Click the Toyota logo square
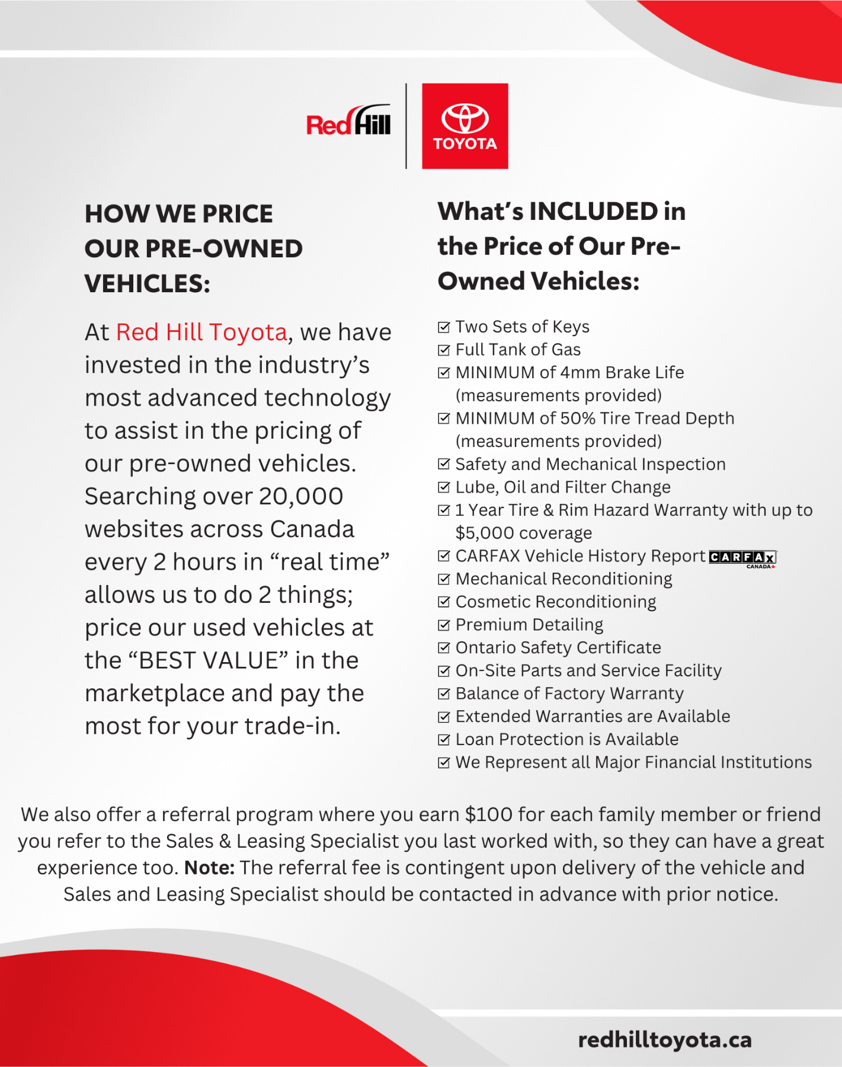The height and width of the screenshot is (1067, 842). (465, 126)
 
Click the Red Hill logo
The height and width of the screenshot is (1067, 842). (348, 122)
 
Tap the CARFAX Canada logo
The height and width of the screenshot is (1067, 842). (742, 558)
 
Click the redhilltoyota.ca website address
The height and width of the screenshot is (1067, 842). (664, 1040)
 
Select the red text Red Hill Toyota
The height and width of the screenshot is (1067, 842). (201, 333)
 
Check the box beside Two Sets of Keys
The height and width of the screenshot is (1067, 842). (444, 327)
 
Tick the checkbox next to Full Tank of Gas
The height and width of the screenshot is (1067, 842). (444, 350)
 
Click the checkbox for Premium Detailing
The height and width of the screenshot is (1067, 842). (444, 625)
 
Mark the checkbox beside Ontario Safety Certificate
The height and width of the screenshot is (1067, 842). (444, 648)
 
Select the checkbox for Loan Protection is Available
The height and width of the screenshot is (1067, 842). (444, 740)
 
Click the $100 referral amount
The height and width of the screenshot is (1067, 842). (489, 815)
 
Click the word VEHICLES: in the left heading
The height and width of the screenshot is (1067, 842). (148, 284)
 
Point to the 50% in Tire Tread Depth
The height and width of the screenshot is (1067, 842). (578, 419)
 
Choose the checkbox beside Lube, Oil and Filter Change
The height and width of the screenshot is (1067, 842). (444, 487)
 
